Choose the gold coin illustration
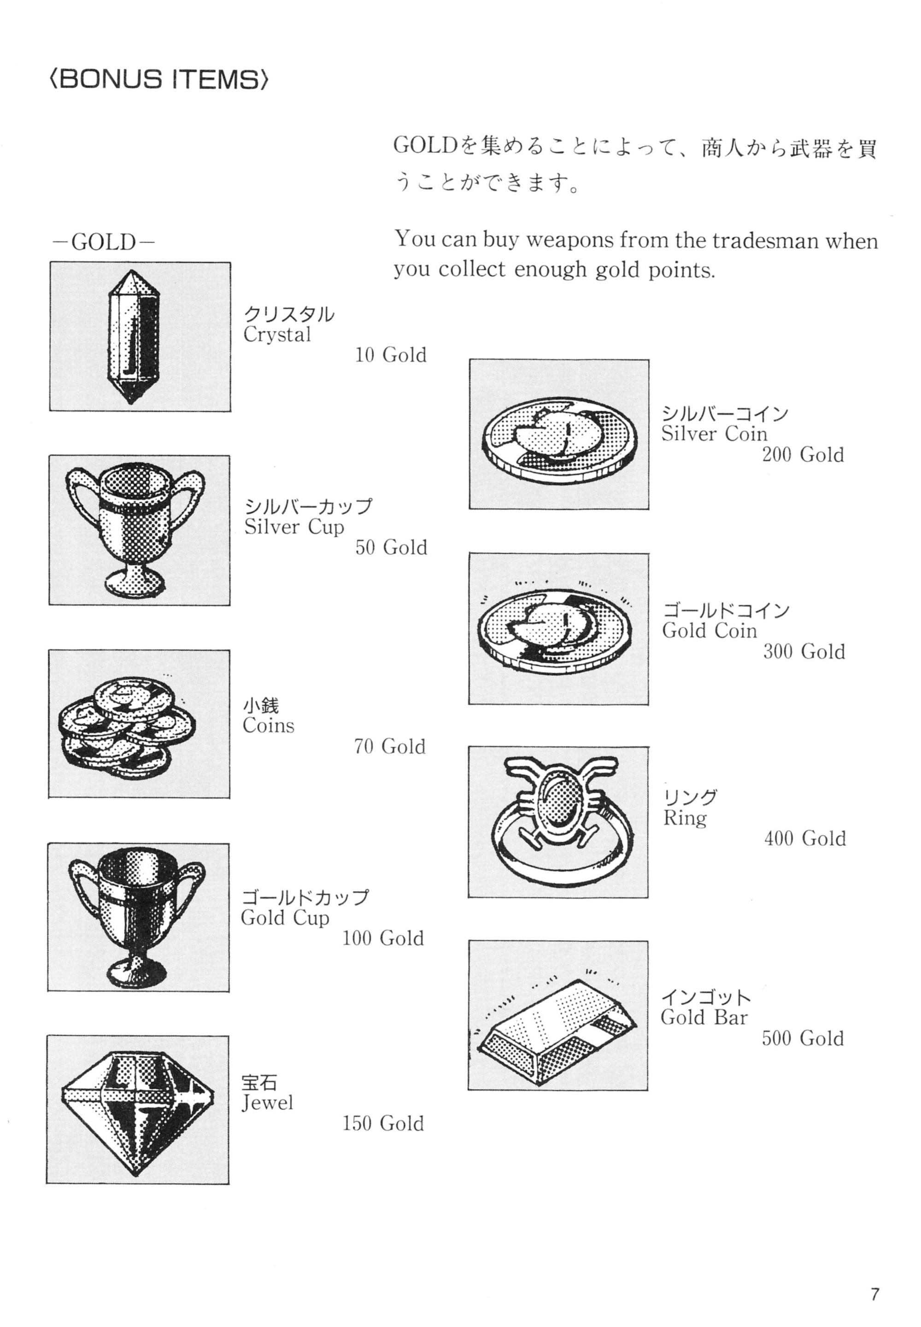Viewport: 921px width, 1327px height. (557, 631)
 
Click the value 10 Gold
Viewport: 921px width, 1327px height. (391, 355)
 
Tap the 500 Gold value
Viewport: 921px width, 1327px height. (803, 1038)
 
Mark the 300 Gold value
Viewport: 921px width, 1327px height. (804, 652)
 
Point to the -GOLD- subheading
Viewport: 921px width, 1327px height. (104, 242)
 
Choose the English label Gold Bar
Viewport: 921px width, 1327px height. (704, 1018)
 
